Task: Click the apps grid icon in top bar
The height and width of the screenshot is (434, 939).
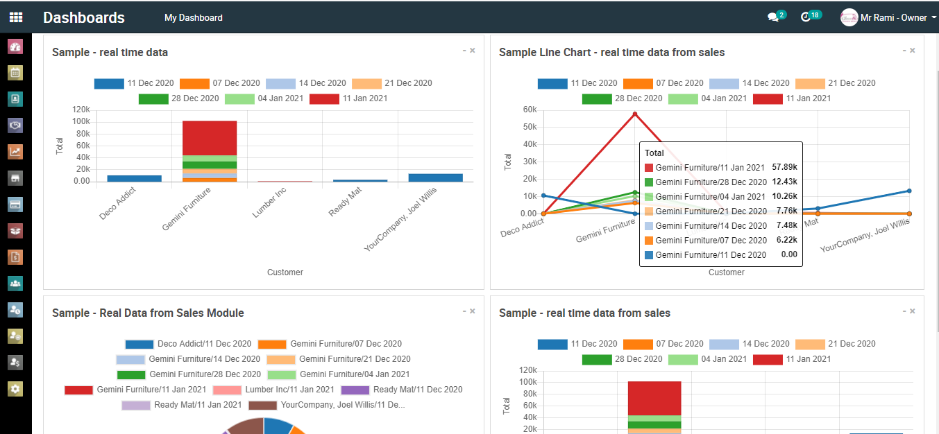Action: [15, 17]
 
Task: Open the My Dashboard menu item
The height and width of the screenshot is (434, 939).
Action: [193, 18]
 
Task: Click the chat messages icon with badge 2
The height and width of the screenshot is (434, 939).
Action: [773, 17]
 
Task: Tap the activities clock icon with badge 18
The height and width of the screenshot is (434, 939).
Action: [806, 17]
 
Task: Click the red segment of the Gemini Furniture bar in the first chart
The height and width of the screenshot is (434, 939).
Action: [210, 137]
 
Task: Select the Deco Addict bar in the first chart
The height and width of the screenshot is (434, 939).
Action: [134, 178]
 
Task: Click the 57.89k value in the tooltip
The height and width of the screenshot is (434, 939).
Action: [784, 168]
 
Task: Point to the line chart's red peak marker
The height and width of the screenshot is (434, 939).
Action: [634, 114]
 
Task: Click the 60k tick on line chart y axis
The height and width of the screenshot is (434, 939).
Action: [530, 110]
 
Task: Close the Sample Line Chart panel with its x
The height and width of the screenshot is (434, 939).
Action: [913, 51]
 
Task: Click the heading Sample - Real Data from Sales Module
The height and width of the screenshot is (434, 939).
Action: [148, 313]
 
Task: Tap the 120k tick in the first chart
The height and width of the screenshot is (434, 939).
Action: [81, 110]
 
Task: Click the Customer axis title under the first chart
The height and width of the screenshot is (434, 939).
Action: [285, 272]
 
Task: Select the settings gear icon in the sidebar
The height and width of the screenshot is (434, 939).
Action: [15, 388]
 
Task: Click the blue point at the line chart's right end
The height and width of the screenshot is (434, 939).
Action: [909, 191]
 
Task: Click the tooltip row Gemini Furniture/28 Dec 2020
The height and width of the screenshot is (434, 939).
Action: [711, 182]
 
